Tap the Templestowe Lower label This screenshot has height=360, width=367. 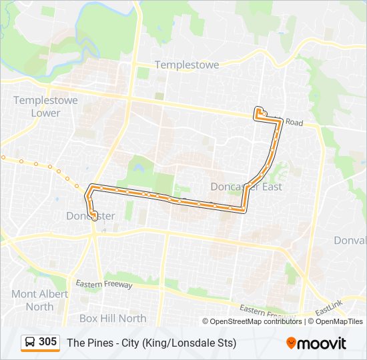coord(45,107)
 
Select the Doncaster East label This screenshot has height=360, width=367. coord(246,187)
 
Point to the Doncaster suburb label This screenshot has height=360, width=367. coord(91,216)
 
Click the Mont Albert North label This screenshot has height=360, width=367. coord(39,300)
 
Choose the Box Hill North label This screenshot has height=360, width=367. coord(113,318)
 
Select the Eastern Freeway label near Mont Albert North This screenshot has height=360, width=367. coord(104,285)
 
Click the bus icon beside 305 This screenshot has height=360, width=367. coord(30,342)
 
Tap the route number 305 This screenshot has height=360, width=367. coord(48,342)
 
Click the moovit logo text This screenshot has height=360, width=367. coord(322,343)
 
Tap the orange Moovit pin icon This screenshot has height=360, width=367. coord(291,343)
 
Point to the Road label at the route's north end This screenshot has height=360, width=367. coord(295,123)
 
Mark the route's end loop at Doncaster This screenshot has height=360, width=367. coord(93,215)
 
